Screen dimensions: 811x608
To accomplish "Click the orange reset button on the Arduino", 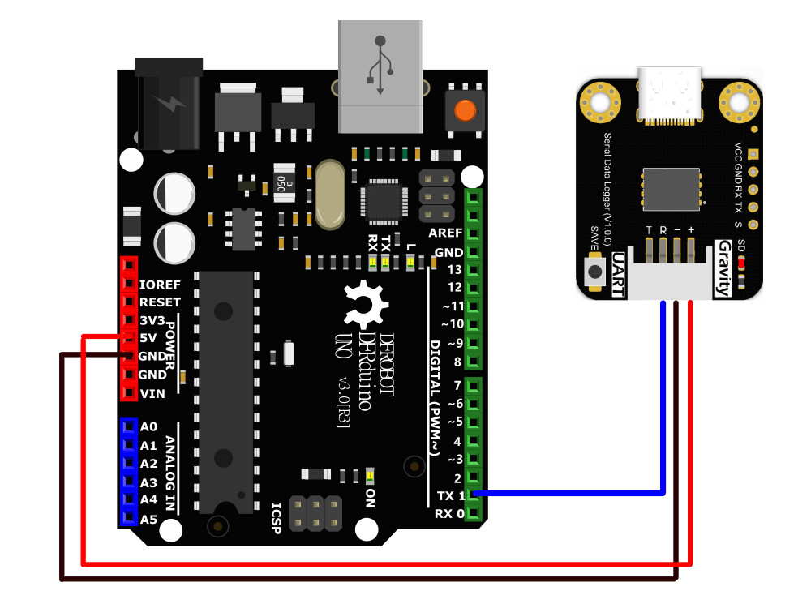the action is click(465, 110).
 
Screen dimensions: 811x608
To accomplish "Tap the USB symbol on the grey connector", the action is click(380, 65).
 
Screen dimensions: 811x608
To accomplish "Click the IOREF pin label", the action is click(160, 285).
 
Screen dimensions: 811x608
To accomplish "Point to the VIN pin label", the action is click(152, 394).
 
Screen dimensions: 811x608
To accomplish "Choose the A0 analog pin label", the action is click(148, 427).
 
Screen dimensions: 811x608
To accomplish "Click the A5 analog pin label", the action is click(148, 520).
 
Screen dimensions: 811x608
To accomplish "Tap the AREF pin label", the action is click(445, 233).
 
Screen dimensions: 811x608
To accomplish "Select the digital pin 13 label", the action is click(455, 269).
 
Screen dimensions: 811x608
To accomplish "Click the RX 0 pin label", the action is click(449, 514).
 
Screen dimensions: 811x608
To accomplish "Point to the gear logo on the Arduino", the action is click(365, 305).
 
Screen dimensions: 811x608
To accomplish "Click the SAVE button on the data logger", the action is click(595, 271).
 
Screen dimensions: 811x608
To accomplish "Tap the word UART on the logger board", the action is click(618, 274).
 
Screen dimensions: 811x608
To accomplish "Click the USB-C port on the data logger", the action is click(670, 96).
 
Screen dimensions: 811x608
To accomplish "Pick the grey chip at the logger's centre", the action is click(672, 189).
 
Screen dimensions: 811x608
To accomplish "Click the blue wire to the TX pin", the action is click(569, 494).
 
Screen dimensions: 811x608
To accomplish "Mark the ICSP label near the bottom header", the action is click(277, 519).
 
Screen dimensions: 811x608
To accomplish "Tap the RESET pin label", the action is click(161, 302).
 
